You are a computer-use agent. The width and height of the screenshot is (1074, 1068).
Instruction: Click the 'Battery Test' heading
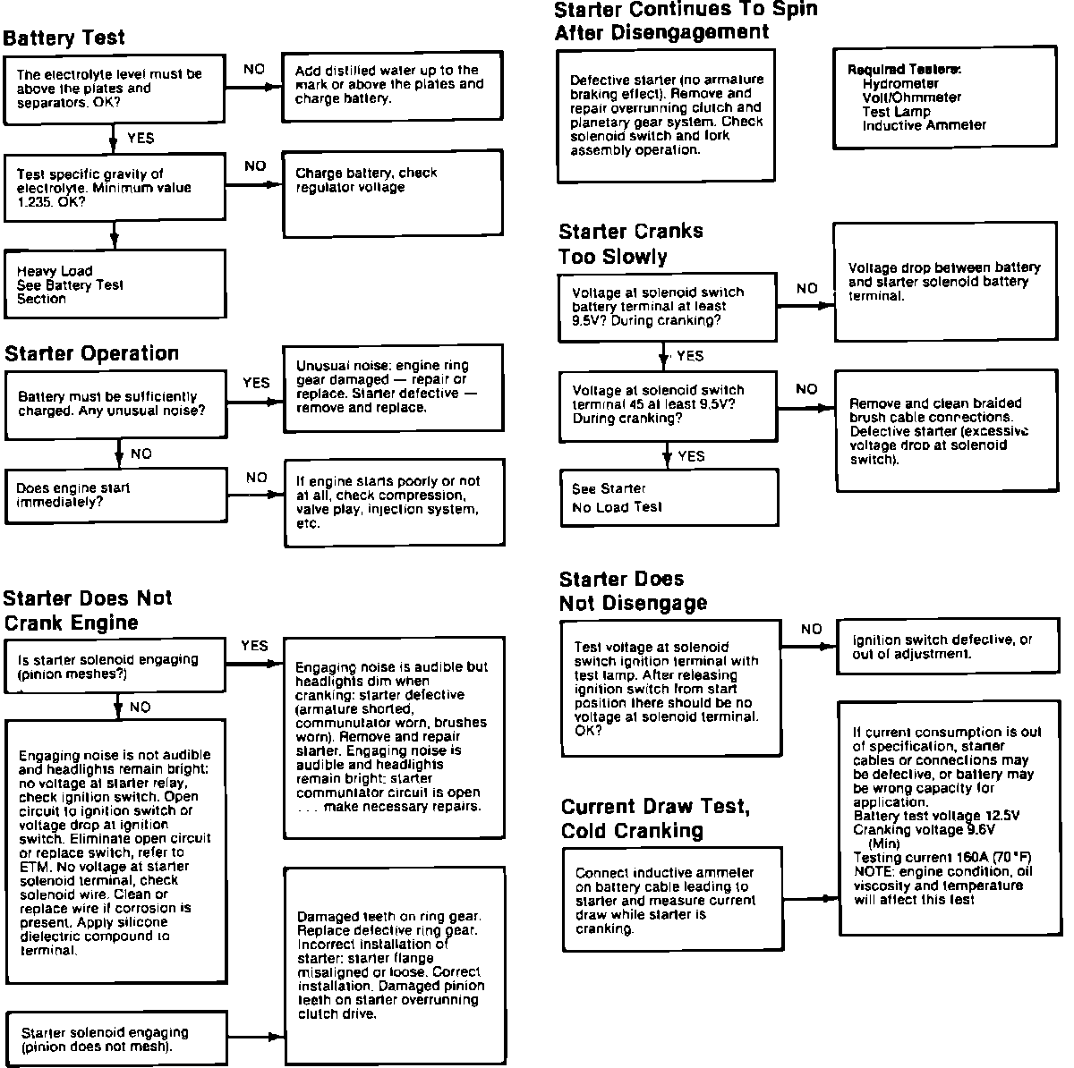(x=64, y=38)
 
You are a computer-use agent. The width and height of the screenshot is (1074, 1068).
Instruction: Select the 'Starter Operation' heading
(x=92, y=353)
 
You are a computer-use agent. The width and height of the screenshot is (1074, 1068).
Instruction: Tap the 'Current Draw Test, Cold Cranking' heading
(x=655, y=818)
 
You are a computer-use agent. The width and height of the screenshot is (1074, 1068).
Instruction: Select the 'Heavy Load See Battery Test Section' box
(x=115, y=284)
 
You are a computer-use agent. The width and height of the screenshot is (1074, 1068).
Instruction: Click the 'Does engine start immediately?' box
(x=116, y=496)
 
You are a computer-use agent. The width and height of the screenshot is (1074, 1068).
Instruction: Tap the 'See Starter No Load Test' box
(x=669, y=497)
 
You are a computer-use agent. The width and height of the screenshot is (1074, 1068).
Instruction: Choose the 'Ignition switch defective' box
(x=944, y=647)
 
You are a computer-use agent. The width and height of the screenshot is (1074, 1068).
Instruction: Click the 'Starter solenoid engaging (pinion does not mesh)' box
(x=116, y=1038)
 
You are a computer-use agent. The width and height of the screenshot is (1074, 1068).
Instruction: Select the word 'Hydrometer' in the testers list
(x=900, y=83)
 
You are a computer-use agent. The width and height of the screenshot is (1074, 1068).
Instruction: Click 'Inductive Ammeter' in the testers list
(x=924, y=126)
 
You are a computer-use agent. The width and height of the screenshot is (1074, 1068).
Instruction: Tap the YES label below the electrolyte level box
(x=141, y=139)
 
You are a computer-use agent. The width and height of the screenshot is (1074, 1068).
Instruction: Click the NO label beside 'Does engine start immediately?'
(x=257, y=478)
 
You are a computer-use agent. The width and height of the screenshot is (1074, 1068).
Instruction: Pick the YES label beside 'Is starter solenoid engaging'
(x=254, y=645)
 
